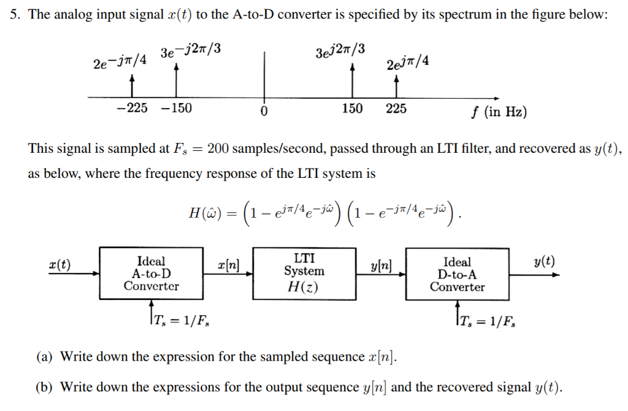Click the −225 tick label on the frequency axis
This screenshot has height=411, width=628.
point(132,109)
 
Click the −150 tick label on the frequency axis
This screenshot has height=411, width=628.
point(176,109)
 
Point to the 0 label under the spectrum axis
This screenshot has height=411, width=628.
point(264,112)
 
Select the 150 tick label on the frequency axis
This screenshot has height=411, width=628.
point(352,109)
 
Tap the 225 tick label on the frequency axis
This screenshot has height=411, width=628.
point(396,109)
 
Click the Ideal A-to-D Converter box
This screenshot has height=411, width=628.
point(151,274)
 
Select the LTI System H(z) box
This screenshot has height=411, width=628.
point(304,274)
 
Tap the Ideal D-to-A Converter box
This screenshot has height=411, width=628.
point(457,274)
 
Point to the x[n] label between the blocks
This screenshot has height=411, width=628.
point(228,265)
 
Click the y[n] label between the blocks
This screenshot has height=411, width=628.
point(381,265)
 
